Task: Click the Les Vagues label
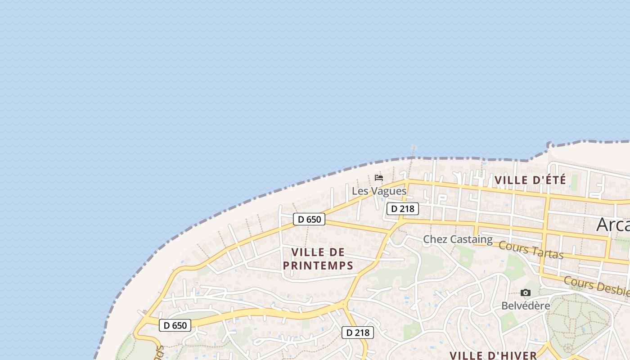pos(379,191)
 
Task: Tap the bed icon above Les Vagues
pos(379,178)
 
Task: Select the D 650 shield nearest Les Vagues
pos(309,219)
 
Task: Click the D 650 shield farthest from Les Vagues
pos(175,325)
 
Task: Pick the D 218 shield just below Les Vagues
pos(403,209)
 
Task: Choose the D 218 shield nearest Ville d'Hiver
pos(358,333)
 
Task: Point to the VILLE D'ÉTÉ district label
pos(530,180)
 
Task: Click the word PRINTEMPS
pos(318,265)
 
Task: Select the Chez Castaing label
pos(458,239)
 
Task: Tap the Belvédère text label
pos(526,306)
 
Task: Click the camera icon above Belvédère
pos(525,293)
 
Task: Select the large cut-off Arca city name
pos(613,224)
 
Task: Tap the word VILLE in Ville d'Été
pos(511,180)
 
